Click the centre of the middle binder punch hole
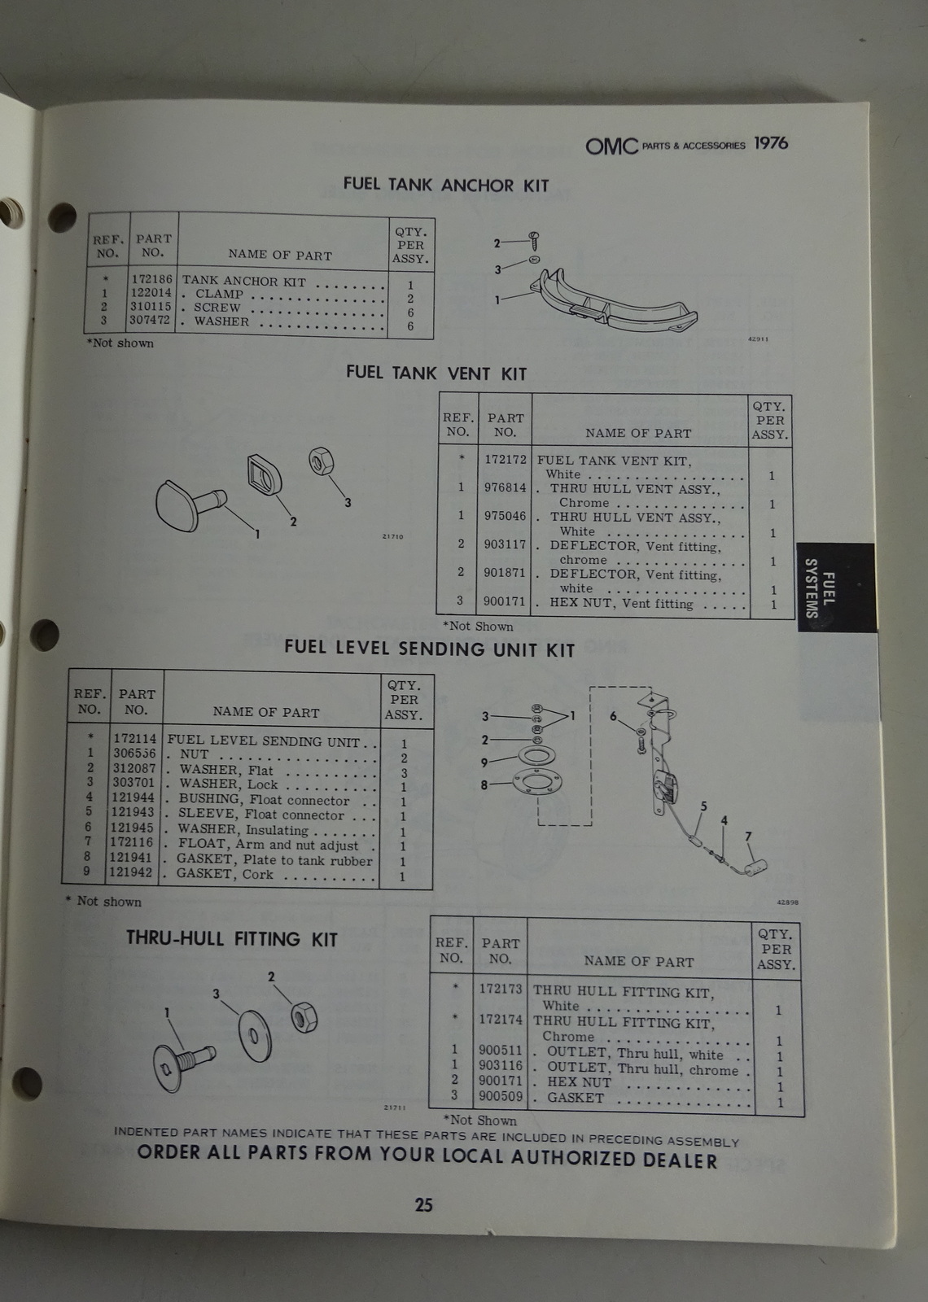pyautogui.click(x=45, y=635)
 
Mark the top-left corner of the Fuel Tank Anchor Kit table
pyautogui.click(x=89, y=212)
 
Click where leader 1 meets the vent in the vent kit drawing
pyautogui.click(x=223, y=505)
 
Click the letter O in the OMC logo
pyautogui.click(x=595, y=146)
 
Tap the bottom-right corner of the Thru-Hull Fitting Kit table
pyautogui.click(x=805, y=1116)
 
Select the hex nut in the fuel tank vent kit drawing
pyautogui.click(x=321, y=461)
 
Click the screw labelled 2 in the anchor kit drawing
pyautogui.click(x=534, y=240)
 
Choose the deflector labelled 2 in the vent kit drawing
pyautogui.click(x=265, y=474)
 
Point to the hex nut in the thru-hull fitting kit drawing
pyautogui.click(x=304, y=1017)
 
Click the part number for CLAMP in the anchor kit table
pyautogui.click(x=151, y=293)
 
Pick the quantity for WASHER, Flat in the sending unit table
pyautogui.click(x=404, y=772)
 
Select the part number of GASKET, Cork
pyautogui.click(x=131, y=872)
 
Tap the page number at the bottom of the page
pyautogui.click(x=423, y=1204)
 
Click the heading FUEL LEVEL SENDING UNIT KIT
pyautogui.click(x=429, y=649)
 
